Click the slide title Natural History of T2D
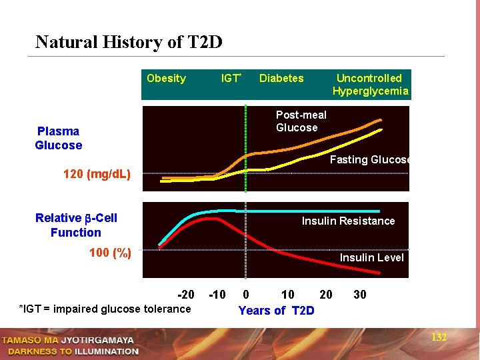point(129,43)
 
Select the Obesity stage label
point(166,79)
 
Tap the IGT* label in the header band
point(231,79)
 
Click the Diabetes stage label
point(281,79)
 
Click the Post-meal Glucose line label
point(301,121)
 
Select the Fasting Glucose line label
point(370,159)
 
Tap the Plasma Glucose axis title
point(59,138)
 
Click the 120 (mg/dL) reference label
point(97,175)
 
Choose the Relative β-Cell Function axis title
point(76,225)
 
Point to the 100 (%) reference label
point(111,253)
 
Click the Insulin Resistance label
point(348,221)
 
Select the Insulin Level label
point(371,257)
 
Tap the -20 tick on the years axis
point(186,295)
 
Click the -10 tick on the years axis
point(217,295)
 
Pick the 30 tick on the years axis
point(359,295)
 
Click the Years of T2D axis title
point(276,311)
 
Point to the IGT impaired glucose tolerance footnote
point(105,309)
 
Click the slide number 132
point(439,337)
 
